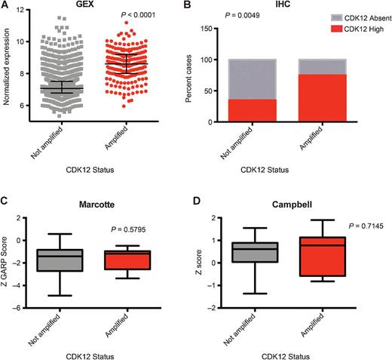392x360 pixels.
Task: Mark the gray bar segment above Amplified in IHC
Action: click(x=315, y=66)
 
